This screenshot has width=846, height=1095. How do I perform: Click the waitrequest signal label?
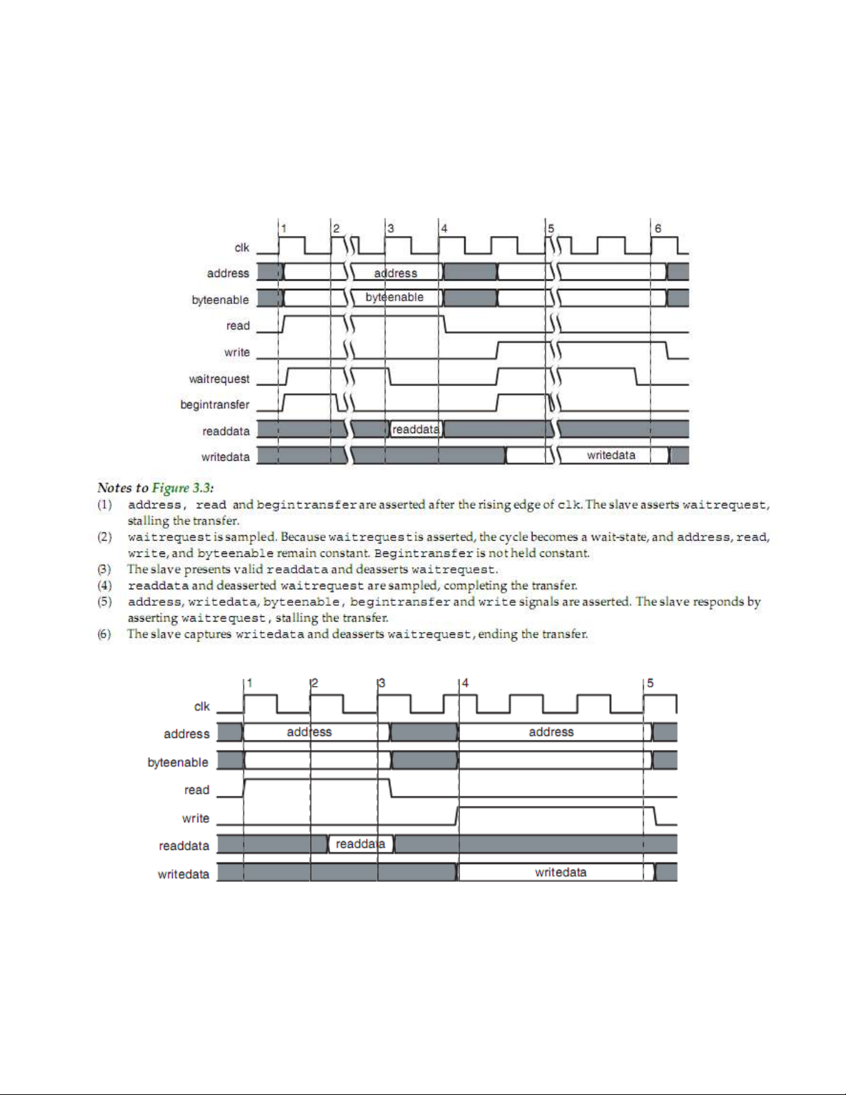coord(219,379)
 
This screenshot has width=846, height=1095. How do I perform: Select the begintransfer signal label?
coord(215,404)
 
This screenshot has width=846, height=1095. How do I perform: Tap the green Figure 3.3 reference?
coord(182,488)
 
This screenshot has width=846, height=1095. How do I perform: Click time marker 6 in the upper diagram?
coord(657,228)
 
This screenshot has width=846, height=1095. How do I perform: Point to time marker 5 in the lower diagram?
coord(650,683)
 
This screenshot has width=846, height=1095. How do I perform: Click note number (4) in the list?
coord(104,586)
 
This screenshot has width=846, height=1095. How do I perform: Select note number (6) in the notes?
coord(104,634)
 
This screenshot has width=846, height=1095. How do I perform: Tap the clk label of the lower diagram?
coord(202,706)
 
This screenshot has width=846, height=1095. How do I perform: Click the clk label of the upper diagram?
coord(242,247)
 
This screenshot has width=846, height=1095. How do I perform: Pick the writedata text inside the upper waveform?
coord(611,455)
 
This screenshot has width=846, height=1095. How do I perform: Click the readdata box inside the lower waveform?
coord(360,844)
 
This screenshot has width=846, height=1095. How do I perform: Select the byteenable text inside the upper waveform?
coord(394,297)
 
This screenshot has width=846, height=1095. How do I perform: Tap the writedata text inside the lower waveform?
coord(561,873)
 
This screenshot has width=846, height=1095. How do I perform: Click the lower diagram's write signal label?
coord(195,818)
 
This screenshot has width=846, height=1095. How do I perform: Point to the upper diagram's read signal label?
coord(238,325)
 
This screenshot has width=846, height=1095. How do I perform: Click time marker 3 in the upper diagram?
coord(391,228)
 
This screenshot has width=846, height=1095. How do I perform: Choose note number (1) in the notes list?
coord(104,505)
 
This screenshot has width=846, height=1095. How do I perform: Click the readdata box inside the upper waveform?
coord(416,430)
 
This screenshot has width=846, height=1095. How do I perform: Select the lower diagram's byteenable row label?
coord(177,762)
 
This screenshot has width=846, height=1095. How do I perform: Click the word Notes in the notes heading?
coord(114,488)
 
